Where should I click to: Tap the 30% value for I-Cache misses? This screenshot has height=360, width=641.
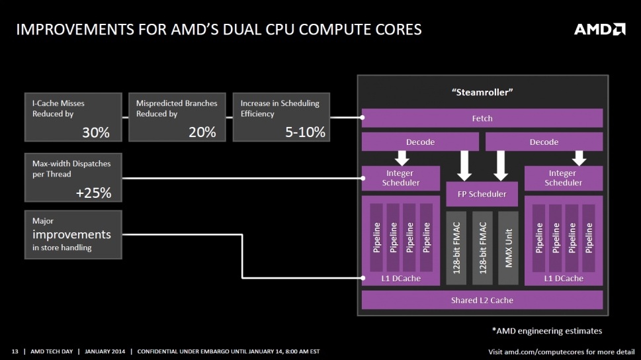pos(95,132)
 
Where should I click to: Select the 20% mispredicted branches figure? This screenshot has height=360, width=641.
pos(202,132)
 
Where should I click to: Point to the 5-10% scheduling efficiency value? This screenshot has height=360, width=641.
pos(305,132)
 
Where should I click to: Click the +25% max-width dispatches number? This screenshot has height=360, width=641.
pos(94,193)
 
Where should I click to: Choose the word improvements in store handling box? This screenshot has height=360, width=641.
pos(72,234)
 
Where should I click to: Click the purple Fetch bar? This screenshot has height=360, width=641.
pos(482,118)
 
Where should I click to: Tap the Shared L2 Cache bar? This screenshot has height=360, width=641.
pos(482,300)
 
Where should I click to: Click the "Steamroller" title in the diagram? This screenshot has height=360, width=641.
pos(482,92)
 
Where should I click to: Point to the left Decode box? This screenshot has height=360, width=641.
pos(420,142)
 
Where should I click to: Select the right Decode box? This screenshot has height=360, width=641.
pos(544,142)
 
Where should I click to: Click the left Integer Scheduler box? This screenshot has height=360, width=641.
pos(401,178)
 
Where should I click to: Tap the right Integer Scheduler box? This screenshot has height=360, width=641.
pos(564,178)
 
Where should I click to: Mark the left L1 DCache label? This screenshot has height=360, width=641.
pos(401,278)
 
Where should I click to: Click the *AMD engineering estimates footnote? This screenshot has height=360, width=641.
pos(546,330)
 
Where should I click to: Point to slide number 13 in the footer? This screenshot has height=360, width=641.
pos(15,351)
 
